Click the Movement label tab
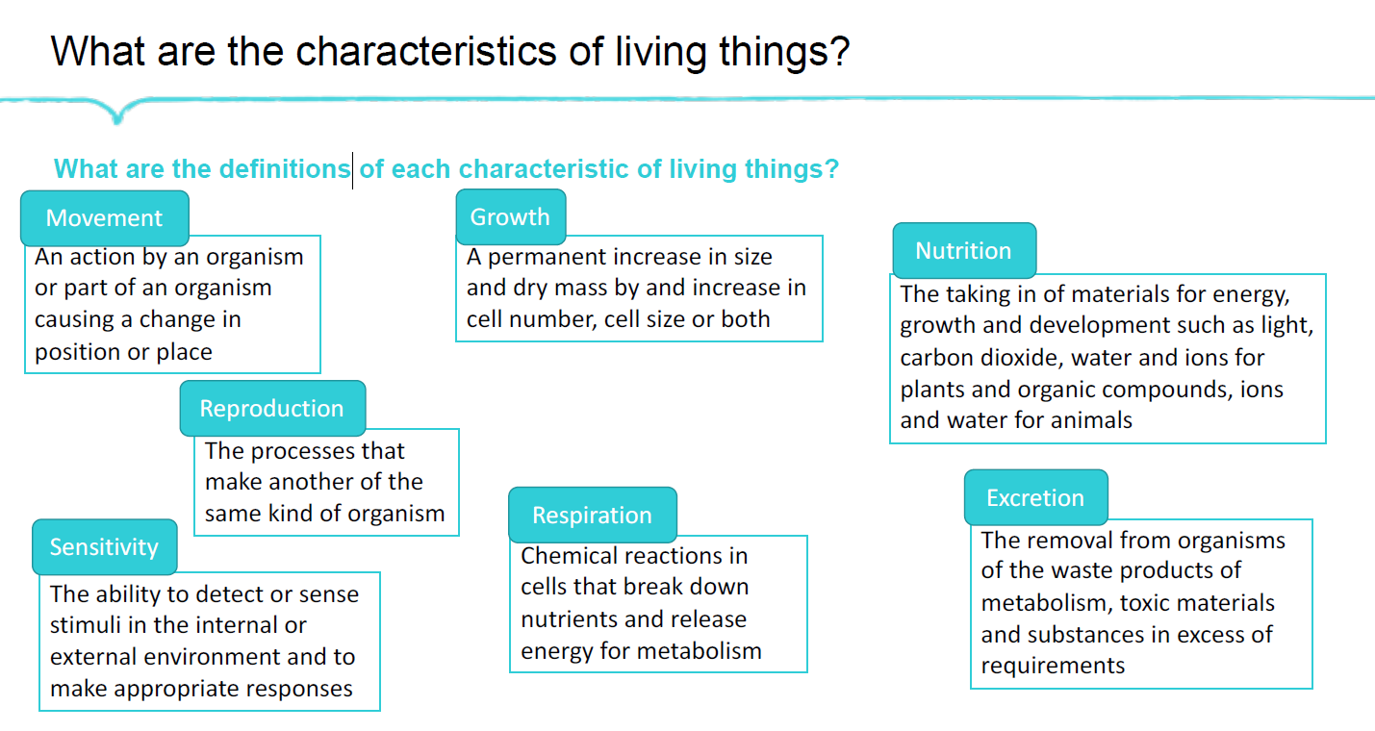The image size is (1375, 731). coord(105,218)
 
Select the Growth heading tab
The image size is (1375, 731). coord(510,217)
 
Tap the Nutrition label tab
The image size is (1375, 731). coord(963,251)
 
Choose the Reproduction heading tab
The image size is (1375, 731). coord(271,409)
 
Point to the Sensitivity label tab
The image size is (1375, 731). coord(104,547)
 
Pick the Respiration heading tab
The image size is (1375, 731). coord(592,516)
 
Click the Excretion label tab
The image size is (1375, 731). coord(1035,498)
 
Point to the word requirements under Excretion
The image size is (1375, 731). coord(1053,666)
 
